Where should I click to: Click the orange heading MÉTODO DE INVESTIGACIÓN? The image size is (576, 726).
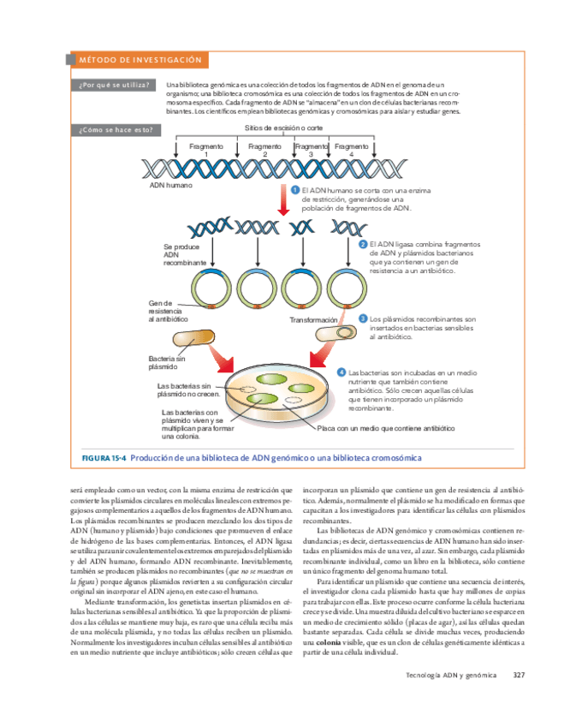pyautogui.click(x=140, y=60)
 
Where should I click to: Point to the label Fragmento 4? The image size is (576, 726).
pyautogui.click(x=351, y=150)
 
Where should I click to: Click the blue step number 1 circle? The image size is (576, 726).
pyautogui.click(x=294, y=190)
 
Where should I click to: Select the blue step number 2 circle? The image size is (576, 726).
pyautogui.click(x=363, y=243)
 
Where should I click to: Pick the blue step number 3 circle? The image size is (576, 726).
pyautogui.click(x=363, y=318)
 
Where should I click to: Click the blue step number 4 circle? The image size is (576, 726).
pyautogui.click(x=341, y=373)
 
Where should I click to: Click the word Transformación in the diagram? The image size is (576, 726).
pyautogui.click(x=313, y=319)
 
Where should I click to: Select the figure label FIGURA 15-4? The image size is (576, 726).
pyautogui.click(x=104, y=458)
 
